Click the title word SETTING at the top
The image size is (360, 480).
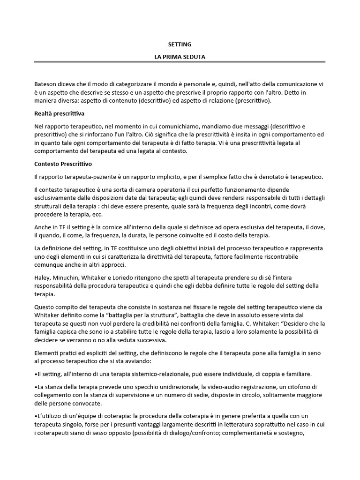(x=180, y=44)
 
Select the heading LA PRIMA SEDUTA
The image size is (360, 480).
(x=180, y=56)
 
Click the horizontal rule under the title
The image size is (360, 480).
(x=180, y=62)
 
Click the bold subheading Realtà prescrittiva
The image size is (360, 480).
(x=59, y=113)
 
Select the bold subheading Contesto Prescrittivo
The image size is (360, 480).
(x=63, y=164)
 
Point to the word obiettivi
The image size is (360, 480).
(x=184, y=247)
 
